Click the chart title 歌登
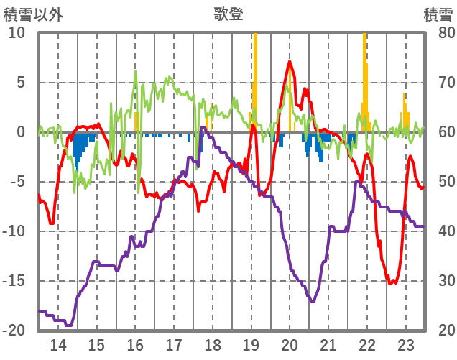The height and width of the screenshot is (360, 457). [228, 13]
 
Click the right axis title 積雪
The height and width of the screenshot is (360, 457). [438, 13]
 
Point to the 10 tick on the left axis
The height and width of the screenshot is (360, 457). [17, 33]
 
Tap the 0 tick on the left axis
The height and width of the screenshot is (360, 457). [21, 132]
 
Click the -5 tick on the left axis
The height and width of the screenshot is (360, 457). [18, 182]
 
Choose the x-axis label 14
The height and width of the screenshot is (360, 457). [57, 344]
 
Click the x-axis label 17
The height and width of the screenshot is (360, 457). [173, 344]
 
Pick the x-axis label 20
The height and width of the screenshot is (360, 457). [290, 344]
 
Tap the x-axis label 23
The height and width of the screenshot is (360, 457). [405, 344]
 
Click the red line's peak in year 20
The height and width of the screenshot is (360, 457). [290, 62]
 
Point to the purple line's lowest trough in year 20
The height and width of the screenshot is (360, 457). [311, 300]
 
